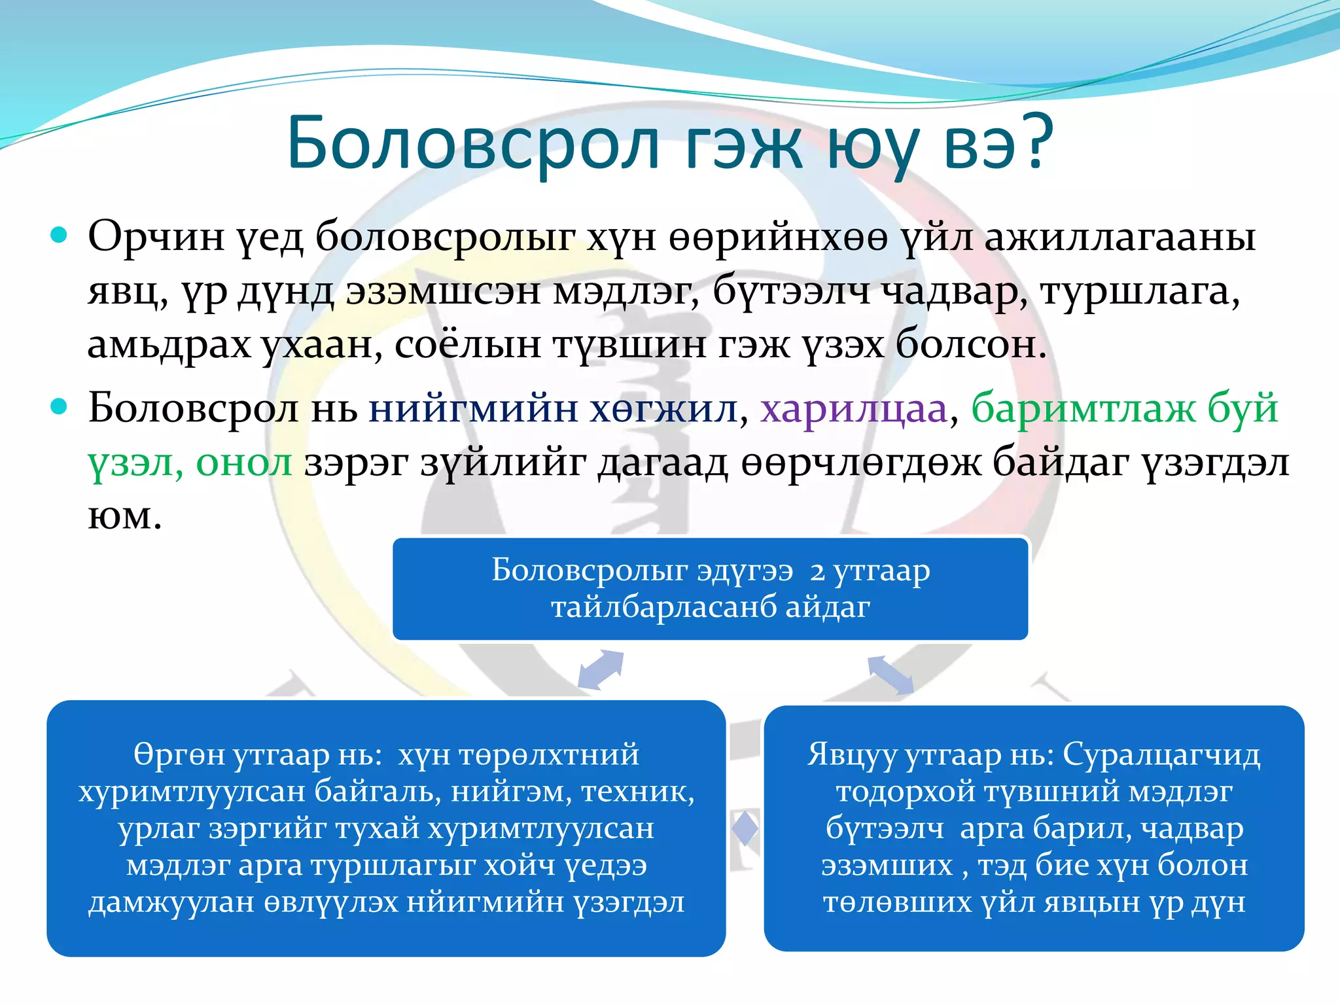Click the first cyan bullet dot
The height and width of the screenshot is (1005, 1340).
point(59,235)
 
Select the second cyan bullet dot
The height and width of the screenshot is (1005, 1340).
point(59,407)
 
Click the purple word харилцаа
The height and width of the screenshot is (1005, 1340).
point(854,410)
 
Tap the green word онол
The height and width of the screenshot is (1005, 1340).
point(243,463)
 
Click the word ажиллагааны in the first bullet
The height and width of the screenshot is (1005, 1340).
point(1120,237)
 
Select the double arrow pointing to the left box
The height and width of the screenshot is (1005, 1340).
point(601,670)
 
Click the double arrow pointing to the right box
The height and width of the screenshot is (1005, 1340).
point(890,675)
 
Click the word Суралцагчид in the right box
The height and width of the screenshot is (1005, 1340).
point(1161,755)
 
